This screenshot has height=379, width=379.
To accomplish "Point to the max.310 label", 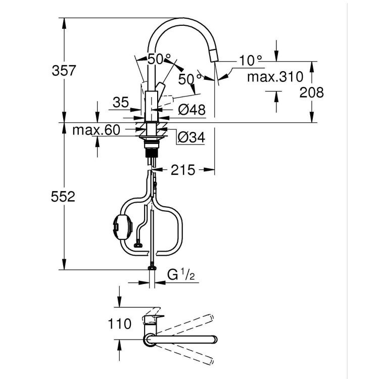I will [x=275, y=77].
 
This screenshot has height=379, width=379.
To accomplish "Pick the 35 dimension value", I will [x=121, y=103].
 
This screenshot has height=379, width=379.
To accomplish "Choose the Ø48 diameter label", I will [x=192, y=110].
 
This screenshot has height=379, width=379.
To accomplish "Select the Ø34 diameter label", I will [x=191, y=136].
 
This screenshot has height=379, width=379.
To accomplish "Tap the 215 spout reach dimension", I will [x=183, y=170].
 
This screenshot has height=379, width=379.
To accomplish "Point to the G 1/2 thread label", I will [x=181, y=275].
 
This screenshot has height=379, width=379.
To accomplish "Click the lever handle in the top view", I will [x=151, y=319].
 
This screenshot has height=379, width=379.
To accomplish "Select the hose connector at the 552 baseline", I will [x=151, y=268].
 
